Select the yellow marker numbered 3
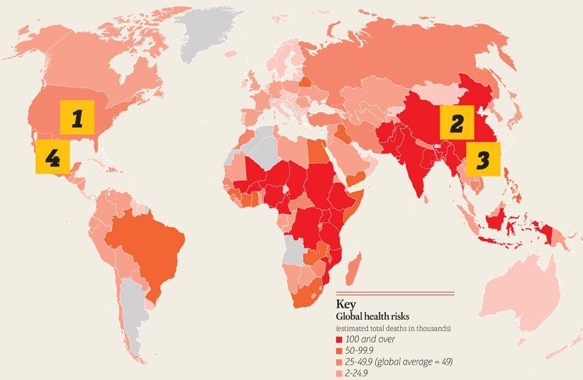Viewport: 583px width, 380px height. coord(483,159)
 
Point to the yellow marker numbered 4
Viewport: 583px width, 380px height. coord(52,156)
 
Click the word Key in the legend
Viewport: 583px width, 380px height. coord(347,305)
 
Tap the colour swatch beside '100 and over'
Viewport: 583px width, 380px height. coord(339,340)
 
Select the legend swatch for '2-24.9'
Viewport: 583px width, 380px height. coord(339,373)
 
